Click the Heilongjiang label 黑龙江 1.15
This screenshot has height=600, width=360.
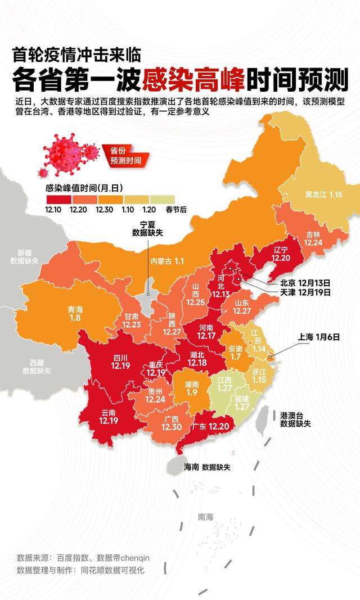(x=323, y=195)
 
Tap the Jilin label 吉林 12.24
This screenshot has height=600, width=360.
(x=313, y=238)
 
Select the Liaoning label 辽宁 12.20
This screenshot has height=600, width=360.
(x=280, y=253)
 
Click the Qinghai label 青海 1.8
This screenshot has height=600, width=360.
(x=75, y=314)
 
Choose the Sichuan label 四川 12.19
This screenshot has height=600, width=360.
(x=121, y=361)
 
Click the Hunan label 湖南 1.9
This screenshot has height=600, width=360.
(x=191, y=389)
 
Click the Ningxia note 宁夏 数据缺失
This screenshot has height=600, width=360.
(x=148, y=228)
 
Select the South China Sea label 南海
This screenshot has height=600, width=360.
(x=205, y=517)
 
